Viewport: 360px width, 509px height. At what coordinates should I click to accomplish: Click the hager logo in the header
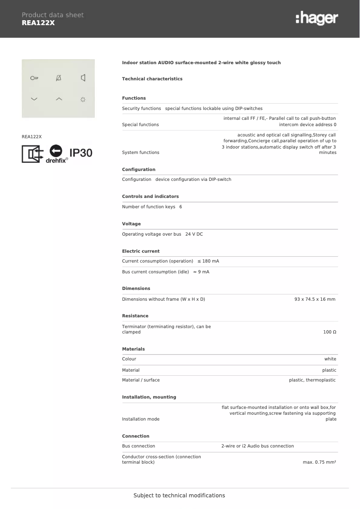316,18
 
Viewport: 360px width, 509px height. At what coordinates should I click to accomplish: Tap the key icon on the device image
34,78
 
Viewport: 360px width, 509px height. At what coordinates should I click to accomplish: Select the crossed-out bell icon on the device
58,78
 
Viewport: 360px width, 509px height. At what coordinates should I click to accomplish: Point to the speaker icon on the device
83,78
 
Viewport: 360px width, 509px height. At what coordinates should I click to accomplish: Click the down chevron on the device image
34,99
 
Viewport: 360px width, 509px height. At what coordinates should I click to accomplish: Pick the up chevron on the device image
58,99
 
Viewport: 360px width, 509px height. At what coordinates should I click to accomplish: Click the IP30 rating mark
81,153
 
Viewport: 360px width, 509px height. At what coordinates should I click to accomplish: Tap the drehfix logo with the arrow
57,154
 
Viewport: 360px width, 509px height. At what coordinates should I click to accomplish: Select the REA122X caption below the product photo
32,136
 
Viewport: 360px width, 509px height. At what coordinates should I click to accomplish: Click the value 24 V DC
194,234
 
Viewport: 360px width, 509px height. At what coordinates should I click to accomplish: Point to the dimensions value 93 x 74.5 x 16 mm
315,299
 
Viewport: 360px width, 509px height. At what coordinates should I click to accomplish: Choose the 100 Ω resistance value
329,332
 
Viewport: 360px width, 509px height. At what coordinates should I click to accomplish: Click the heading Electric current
140,251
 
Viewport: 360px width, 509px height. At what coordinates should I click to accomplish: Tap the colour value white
330,359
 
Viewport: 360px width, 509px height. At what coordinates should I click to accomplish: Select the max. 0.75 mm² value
319,462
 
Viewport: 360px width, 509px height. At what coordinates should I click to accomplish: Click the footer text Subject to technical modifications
179,496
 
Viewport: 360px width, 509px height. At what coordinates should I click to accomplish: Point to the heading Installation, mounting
149,397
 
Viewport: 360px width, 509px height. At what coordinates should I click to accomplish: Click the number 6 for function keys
180,207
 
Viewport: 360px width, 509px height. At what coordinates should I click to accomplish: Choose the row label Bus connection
138,446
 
